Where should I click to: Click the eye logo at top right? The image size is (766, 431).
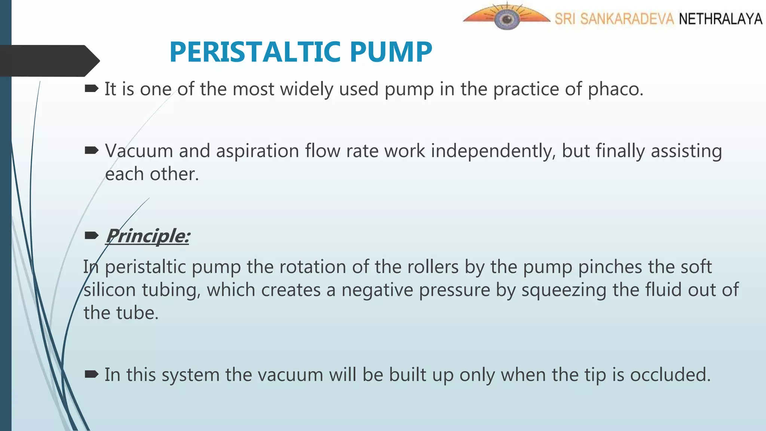[506, 18]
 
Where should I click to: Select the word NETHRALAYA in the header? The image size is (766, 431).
[720, 19]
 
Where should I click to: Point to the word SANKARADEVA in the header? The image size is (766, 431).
[627, 19]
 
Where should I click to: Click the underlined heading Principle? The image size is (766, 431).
[148, 236]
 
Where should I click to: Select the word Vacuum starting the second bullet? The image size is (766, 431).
[139, 151]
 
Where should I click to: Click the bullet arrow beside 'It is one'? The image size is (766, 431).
[92, 89]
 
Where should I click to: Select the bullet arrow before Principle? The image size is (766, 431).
[92, 235]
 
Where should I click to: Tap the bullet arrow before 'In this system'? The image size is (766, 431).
[92, 374]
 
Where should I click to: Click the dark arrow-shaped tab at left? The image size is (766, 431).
[49, 61]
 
